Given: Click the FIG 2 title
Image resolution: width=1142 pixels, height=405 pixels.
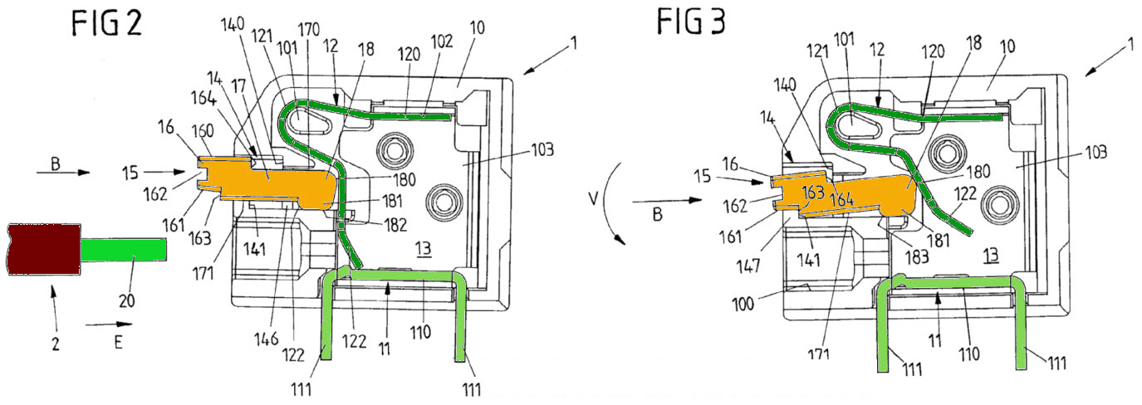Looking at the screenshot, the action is pyautogui.click(x=106, y=23).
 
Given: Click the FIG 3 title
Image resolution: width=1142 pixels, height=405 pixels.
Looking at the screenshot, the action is pyautogui.click(x=691, y=22).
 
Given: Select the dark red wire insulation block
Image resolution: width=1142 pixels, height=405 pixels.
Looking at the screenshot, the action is pyautogui.click(x=44, y=249).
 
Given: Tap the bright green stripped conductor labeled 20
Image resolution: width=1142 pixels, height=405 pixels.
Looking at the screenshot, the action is pyautogui.click(x=124, y=249).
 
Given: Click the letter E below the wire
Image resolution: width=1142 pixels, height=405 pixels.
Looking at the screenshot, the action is pyautogui.click(x=118, y=342).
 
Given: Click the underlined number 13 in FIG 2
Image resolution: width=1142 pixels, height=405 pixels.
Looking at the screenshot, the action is pyautogui.click(x=424, y=249).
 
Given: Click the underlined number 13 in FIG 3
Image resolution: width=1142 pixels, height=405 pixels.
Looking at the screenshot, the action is pyautogui.click(x=991, y=255).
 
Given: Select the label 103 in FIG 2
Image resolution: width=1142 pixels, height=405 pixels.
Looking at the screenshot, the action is pyautogui.click(x=542, y=149).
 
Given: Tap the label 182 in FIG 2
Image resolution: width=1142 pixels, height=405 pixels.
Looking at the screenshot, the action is pyautogui.click(x=395, y=224).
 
